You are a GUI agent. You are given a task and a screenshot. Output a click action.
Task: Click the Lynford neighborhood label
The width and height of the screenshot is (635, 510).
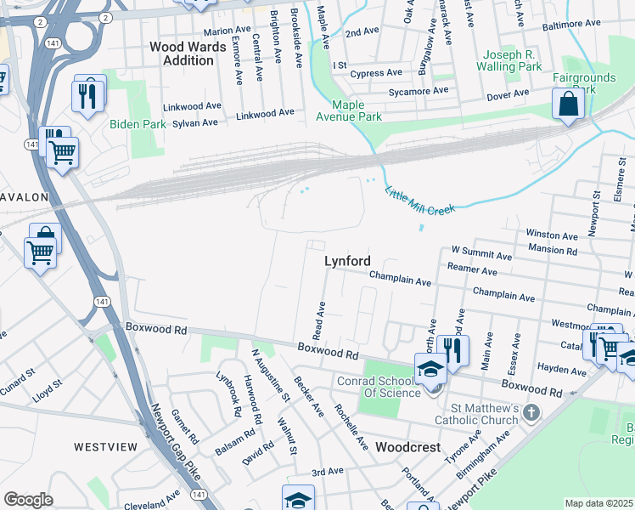[x=347, y=262]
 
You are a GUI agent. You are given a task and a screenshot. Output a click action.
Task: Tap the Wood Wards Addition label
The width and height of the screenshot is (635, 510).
[x=182, y=54]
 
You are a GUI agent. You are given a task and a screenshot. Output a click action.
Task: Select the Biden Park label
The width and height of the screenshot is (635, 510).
[x=138, y=124]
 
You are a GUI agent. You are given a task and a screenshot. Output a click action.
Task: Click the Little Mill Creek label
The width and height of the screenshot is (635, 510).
[x=420, y=201]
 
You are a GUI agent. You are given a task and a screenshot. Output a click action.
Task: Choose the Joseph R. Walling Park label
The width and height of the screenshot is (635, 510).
[x=513, y=59]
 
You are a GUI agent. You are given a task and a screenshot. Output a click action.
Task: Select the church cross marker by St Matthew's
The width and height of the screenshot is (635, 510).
[x=531, y=413]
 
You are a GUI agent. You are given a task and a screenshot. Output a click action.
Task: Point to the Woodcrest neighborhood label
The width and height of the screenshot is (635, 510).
[x=407, y=447]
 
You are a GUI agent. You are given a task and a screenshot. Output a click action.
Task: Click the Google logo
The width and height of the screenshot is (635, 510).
[x=28, y=500]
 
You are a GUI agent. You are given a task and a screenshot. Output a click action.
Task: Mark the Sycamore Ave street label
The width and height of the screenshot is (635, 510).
[x=418, y=90]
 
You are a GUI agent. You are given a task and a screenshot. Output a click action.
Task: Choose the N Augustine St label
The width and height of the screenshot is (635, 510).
[x=271, y=374]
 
